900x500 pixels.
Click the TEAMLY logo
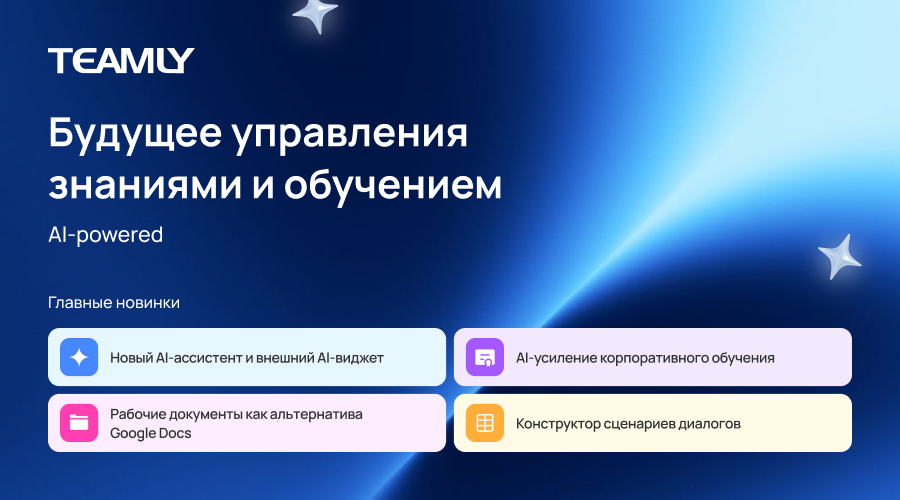point(121,60)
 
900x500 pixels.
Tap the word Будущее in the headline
point(135,134)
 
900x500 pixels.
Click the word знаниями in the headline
point(145,185)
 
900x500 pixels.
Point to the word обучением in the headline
point(393,186)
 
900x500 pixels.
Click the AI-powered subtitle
point(106,235)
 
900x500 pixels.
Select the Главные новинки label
point(114,303)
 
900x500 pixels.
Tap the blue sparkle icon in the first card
point(79,357)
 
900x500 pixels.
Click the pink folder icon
point(79,423)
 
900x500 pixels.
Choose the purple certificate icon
point(485,357)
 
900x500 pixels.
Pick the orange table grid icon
point(485,423)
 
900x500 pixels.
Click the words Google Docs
point(150,433)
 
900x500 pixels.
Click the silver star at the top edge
point(315,14)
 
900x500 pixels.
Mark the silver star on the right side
point(840,257)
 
